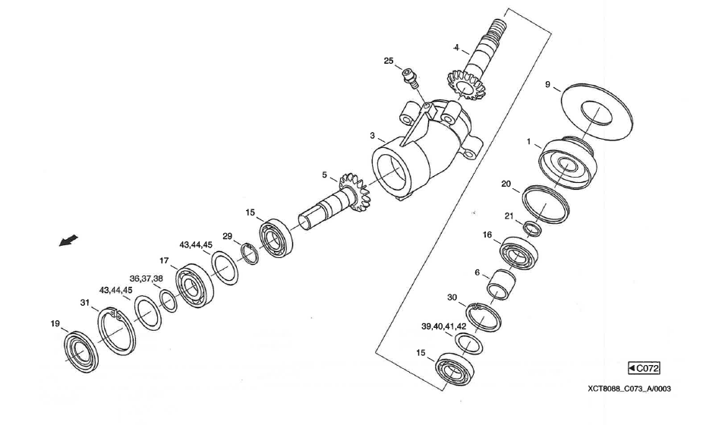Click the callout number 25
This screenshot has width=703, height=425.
point(388,61)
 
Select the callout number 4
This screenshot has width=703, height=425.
point(457,48)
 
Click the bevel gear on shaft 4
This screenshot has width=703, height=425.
point(465,84)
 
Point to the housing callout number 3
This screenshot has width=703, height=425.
point(373,136)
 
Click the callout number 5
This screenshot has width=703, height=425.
point(324,175)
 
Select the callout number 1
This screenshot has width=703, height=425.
point(529,142)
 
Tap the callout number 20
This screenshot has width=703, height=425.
point(506,184)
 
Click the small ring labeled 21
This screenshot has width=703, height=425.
point(533,228)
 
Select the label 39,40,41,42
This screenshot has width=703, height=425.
point(443,326)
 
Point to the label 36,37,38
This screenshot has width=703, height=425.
point(147,279)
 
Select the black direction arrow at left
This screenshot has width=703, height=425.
point(68,241)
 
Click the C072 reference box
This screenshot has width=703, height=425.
point(644,369)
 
